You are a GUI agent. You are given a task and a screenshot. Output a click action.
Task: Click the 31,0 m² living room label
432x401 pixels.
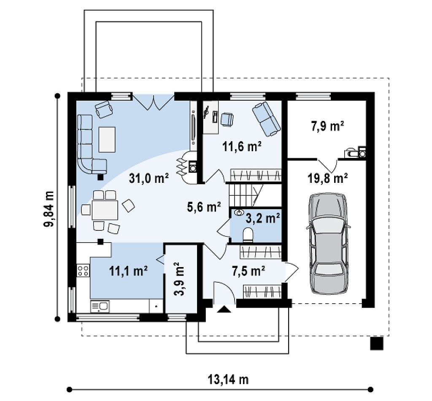click(x=149, y=179)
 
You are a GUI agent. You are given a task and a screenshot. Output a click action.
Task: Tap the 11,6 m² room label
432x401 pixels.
click(x=242, y=147)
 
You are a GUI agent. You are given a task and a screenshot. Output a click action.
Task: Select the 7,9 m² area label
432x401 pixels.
click(x=327, y=126)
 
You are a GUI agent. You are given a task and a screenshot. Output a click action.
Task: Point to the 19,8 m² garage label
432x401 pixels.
click(x=327, y=178)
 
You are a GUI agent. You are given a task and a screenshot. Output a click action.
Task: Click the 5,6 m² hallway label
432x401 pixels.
click(x=204, y=206)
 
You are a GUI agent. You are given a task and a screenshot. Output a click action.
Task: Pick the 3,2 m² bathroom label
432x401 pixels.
click(x=262, y=219)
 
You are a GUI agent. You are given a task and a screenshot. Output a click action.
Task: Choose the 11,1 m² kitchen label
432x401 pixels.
click(x=128, y=271)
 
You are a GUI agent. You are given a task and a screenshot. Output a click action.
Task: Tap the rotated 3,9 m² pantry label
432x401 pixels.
click(x=179, y=278)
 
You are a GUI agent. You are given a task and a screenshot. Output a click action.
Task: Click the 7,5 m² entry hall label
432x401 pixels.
click(x=248, y=271)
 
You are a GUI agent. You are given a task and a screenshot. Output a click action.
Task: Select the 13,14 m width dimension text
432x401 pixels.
click(x=228, y=380)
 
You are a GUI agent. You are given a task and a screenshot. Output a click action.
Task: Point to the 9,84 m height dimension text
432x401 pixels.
click(x=49, y=209)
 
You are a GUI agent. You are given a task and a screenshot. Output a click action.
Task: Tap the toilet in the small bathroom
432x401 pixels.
click(x=248, y=235)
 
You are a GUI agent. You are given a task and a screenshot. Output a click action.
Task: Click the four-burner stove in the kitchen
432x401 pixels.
click(x=83, y=270)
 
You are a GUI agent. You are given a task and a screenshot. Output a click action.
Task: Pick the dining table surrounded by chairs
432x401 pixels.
click(x=105, y=210)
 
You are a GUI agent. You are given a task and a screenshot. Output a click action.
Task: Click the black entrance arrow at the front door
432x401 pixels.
click(x=224, y=310)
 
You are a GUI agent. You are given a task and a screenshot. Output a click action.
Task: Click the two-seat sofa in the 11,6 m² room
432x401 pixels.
click(x=266, y=119)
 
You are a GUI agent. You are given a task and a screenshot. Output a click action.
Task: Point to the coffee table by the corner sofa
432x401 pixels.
click(x=107, y=139)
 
